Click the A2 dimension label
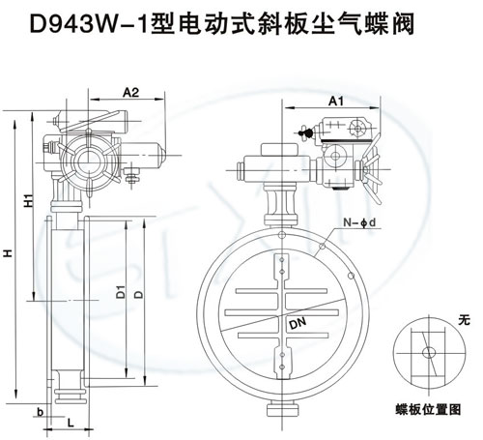[x=130, y=93]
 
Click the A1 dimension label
[x=336, y=102]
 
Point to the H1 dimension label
[x=29, y=200]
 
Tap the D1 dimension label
[x=121, y=291]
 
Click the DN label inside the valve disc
[x=298, y=323]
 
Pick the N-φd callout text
[x=359, y=222]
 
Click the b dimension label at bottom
[x=40, y=412]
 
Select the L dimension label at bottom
[x=71, y=422]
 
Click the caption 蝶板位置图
[x=428, y=410]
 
